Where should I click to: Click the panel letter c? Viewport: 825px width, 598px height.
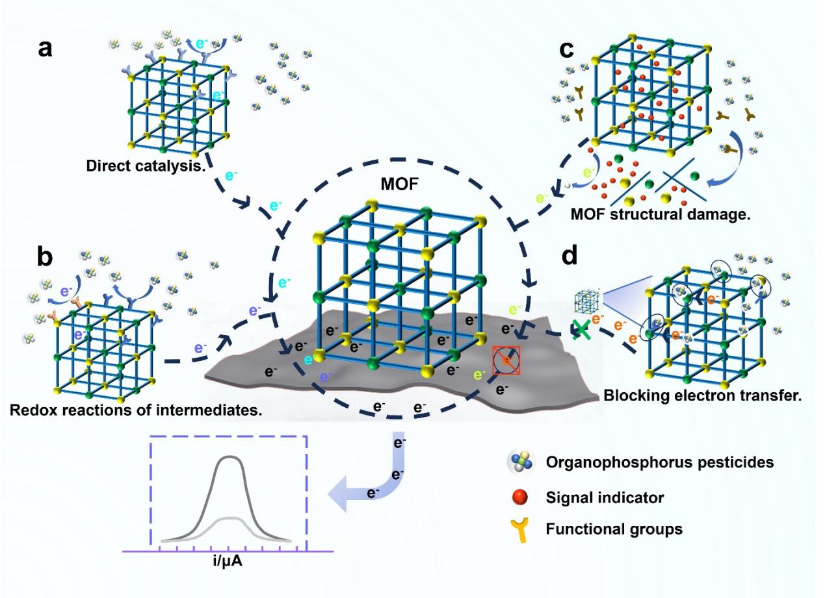566,49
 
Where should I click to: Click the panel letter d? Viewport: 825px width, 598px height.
569,256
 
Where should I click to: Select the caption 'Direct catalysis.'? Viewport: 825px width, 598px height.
138,166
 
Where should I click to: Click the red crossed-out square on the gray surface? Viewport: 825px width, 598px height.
506,360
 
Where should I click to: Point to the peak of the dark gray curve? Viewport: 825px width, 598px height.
229,457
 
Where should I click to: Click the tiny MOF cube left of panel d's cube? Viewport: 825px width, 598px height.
585,303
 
